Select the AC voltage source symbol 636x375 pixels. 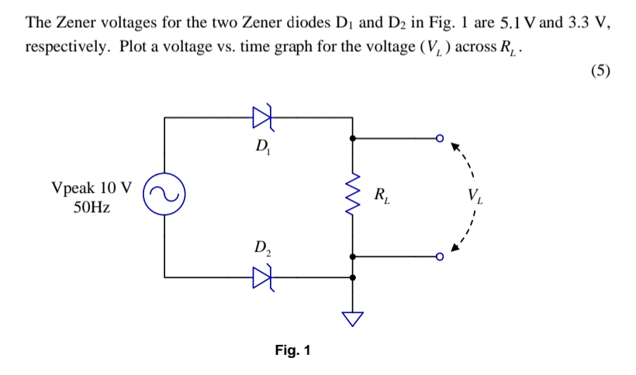click(164, 196)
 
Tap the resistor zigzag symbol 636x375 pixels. click(354, 196)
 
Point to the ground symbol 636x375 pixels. click(354, 317)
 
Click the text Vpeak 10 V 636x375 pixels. click(91, 187)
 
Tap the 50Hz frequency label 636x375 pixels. click(92, 208)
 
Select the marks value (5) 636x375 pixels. click(600, 71)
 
